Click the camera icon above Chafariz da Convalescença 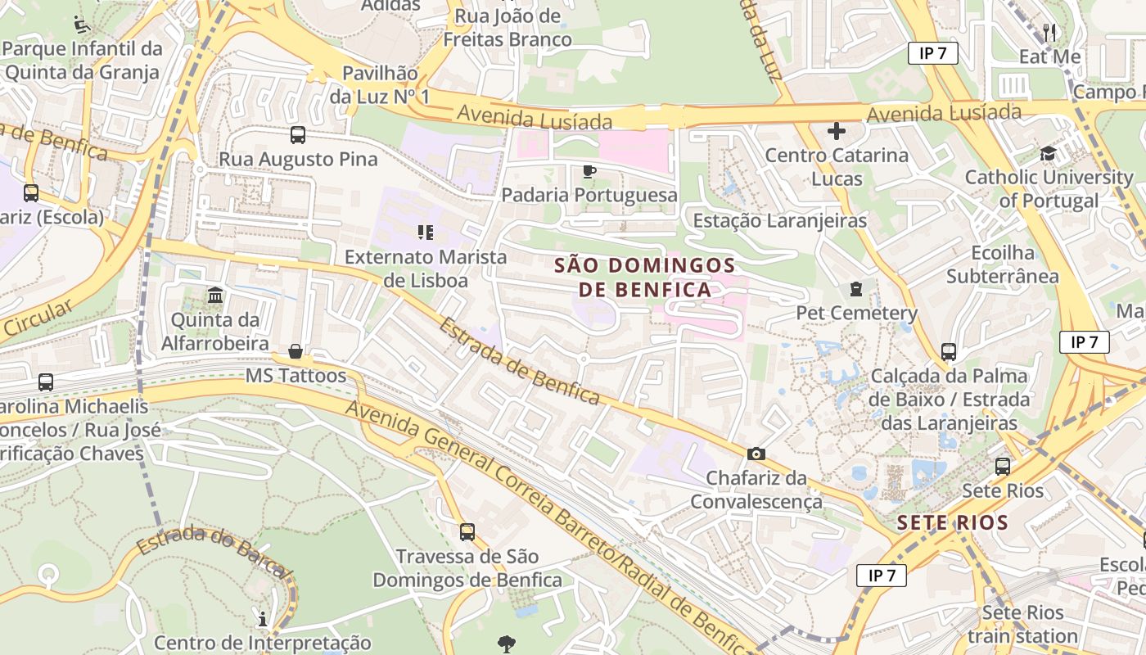click(x=756, y=454)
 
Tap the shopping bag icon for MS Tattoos click(x=296, y=352)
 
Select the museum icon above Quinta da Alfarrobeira click(x=215, y=295)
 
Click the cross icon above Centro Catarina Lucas click(x=836, y=131)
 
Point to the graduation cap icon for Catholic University click(x=1048, y=153)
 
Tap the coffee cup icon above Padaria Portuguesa click(x=589, y=171)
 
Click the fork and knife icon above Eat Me click(x=1049, y=33)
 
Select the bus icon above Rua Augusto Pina click(x=298, y=135)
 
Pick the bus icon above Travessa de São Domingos click(x=467, y=532)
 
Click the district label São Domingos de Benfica click(x=644, y=278)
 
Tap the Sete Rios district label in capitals click(x=952, y=522)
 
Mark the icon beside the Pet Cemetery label click(x=856, y=289)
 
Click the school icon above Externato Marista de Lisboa click(x=425, y=233)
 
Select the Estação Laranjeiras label click(x=779, y=221)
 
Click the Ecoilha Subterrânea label click(x=1002, y=264)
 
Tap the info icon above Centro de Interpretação click(x=263, y=619)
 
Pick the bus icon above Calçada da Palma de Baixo click(x=949, y=352)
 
